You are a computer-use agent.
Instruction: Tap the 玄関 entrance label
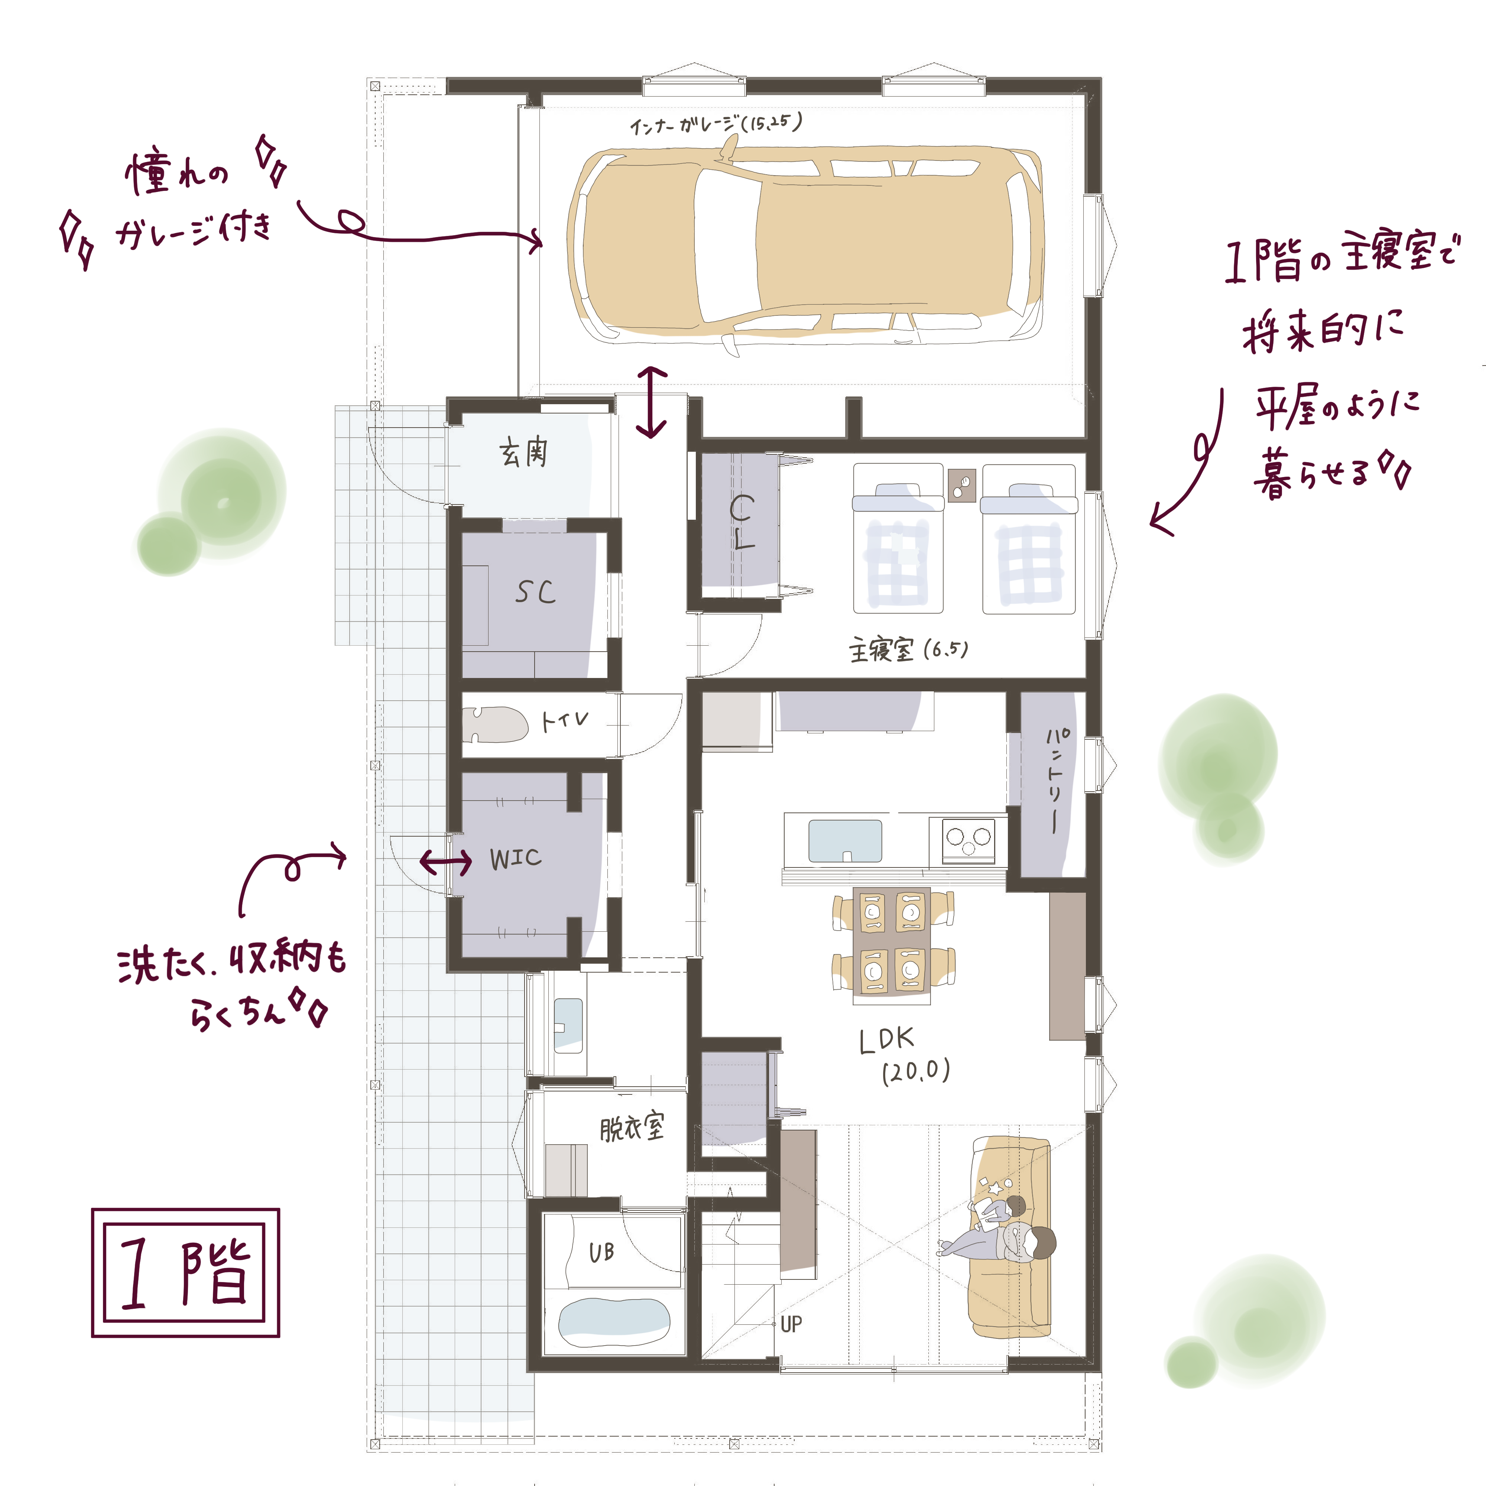coord(524,452)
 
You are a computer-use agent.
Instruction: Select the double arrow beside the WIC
coord(446,862)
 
